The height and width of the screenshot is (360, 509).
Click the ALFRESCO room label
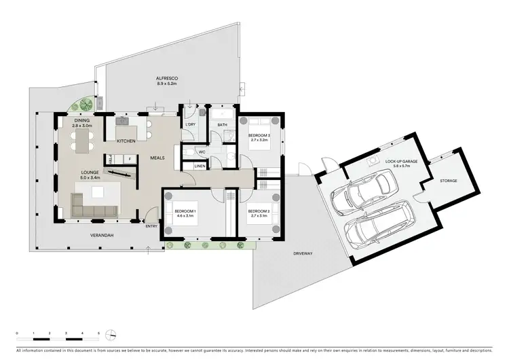pos(167,79)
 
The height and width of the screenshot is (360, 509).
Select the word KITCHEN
pos(126,141)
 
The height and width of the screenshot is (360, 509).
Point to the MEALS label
pos(158,158)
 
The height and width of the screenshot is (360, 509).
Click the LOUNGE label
pos(91,172)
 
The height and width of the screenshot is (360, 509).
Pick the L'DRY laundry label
pos(191,126)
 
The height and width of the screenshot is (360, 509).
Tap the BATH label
pos(222,126)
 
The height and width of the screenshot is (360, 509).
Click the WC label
pos(202,151)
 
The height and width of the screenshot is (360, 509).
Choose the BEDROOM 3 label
pos(259,136)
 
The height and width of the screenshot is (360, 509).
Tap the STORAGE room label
pos(448,181)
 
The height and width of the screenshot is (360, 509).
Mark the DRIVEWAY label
pos(303,253)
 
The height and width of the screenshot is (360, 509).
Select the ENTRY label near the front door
pos(151,226)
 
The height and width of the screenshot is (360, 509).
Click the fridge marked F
pos(129,158)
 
